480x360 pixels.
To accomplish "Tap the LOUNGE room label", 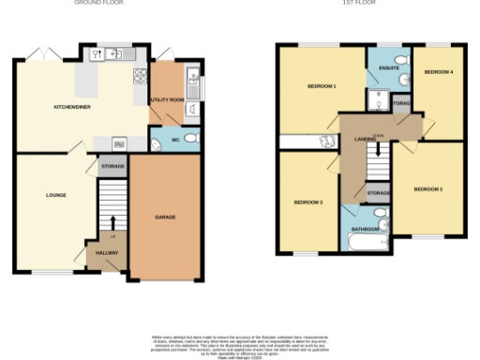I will pos(55,195).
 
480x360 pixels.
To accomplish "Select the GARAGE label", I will pos(165,217).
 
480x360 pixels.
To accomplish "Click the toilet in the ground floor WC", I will pos(189,140).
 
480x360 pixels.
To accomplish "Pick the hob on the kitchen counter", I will pos(140,77).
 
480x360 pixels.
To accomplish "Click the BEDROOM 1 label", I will pos(322,86).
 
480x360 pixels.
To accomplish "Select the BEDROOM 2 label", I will pos(428,189).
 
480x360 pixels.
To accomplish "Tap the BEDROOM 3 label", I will pos(308,202).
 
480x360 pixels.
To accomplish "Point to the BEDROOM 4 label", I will pos(437,72).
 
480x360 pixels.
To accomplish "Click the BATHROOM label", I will pos(366,229).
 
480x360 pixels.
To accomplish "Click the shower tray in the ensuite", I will pos(382,100).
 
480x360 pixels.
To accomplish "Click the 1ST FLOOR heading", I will pos(363,3).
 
